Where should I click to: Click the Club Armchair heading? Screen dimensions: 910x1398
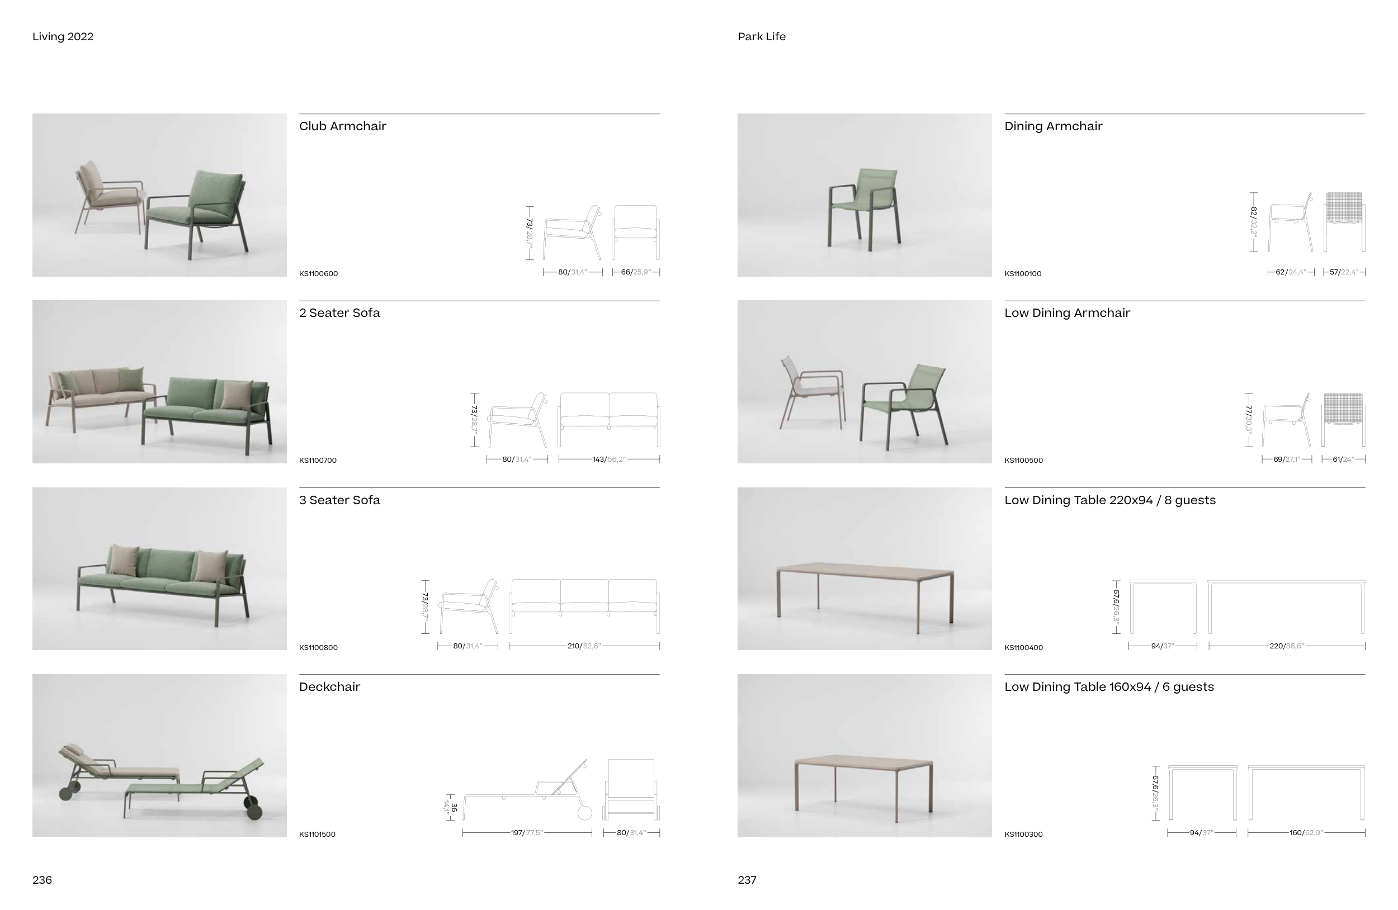point(342,126)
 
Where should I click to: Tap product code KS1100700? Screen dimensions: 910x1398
point(318,460)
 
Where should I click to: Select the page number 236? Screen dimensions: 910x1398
point(42,879)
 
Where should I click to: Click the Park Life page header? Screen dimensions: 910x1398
point(761,36)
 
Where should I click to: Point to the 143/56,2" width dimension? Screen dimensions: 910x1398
point(608,459)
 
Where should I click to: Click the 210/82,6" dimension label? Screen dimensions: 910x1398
point(584,646)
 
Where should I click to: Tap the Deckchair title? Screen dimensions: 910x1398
point(329,687)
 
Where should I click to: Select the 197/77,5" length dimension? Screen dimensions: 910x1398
point(527,832)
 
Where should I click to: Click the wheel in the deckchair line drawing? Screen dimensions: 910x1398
point(584,813)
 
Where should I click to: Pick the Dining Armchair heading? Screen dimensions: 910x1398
point(1053,126)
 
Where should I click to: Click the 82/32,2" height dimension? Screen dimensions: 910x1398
point(1253,222)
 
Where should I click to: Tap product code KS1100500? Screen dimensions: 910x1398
point(1023,460)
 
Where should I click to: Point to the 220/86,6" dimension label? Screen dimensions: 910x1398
point(1286,646)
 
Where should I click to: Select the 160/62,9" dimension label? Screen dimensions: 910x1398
point(1306,832)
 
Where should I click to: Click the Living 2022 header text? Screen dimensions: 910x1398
point(63,36)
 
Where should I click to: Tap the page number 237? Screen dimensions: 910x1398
point(747,879)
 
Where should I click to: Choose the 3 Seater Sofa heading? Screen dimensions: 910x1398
point(339,500)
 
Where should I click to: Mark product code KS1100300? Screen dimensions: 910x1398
point(1023,835)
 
